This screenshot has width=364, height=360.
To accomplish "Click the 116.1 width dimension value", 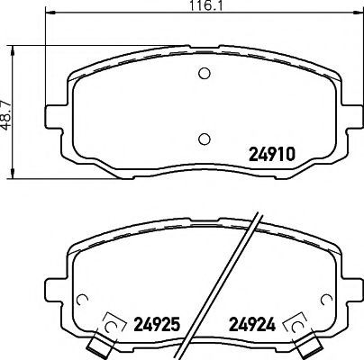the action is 206,6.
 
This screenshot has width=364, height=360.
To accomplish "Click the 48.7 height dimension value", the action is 6,115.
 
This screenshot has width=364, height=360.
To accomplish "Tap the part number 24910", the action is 272,155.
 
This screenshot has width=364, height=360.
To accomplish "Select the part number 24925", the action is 157,324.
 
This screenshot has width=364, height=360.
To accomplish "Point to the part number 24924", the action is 252,324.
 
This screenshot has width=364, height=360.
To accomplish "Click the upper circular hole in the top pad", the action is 205,73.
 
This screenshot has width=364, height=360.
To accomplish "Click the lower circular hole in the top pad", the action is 205,139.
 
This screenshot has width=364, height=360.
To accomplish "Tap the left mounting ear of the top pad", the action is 56,117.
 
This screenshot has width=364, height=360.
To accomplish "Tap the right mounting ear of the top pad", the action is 351,117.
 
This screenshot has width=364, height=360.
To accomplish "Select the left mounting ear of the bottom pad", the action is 56,291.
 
